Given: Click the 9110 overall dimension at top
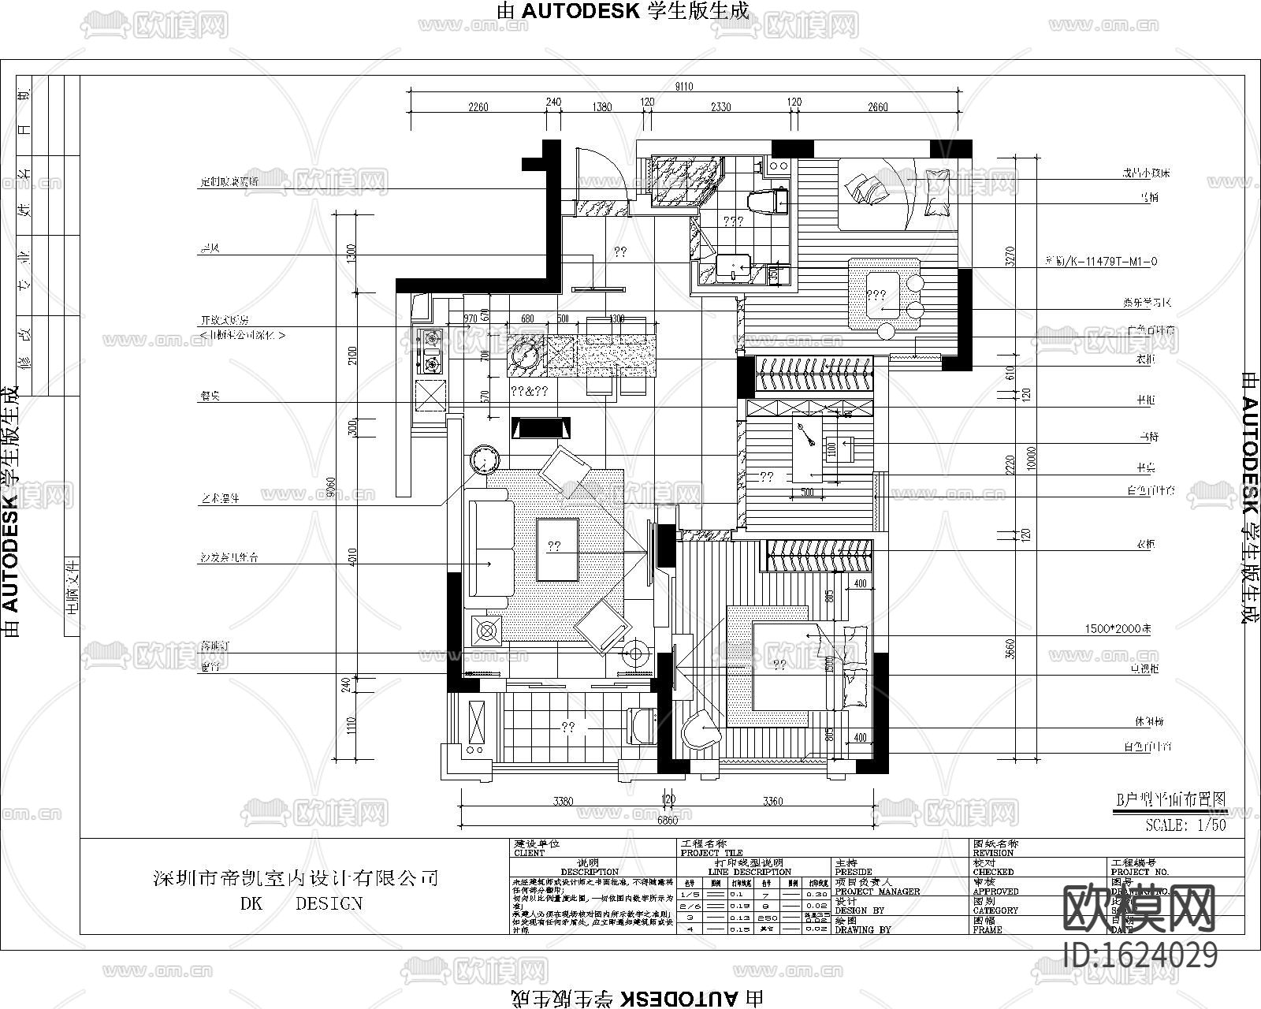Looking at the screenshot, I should pos(684,87).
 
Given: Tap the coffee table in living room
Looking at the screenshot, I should pos(556,549).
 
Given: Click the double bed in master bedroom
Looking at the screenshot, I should pos(796,666).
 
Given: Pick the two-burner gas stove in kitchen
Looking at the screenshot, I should pos(430,351).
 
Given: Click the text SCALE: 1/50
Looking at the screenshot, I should pos(1186,825).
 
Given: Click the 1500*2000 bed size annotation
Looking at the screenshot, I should pos(1117,629).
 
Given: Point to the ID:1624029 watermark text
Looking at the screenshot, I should pos(1140,955).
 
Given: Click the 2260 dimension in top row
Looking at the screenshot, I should pos(478,107).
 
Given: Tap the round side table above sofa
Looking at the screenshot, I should pos(483,460).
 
